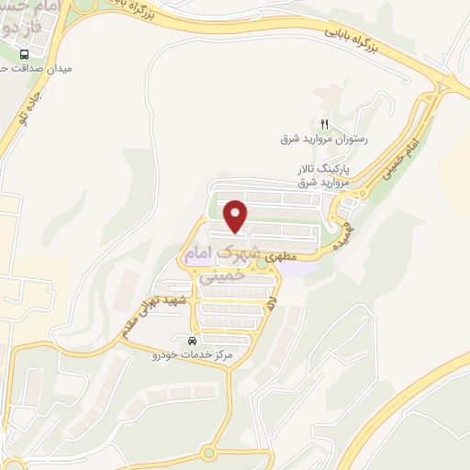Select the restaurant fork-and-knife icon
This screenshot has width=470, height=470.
(323, 124)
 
